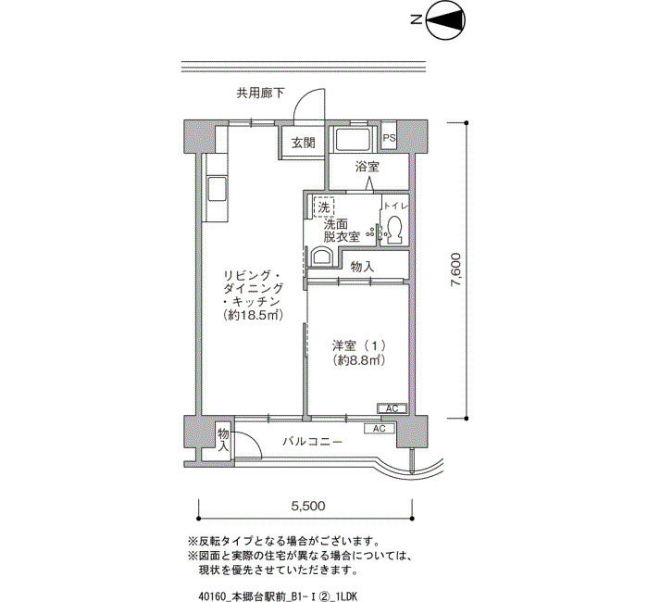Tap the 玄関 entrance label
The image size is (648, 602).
coord(304,143)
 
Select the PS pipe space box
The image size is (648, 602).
coord(389,138)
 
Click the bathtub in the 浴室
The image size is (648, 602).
coord(354,139)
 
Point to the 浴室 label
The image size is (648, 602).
coord(367,167)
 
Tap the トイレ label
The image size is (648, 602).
coord(396,206)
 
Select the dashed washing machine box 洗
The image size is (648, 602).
coord(324,207)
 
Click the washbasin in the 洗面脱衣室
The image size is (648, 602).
coord(321,257)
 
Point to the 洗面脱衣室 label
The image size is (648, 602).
coord(342,231)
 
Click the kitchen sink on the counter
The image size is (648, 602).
coord(217,189)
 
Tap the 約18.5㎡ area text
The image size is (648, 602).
coord(253,316)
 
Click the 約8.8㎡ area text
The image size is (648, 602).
coord(359,360)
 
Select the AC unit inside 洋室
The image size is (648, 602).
coord(392,408)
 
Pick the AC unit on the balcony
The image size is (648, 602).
coord(380,428)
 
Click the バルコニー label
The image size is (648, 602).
coord(313,442)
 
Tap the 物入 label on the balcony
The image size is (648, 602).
coord(223,440)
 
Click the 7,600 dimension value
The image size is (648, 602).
coord(455,270)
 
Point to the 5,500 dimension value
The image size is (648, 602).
coord(308,506)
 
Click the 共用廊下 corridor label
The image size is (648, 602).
coord(260,93)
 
